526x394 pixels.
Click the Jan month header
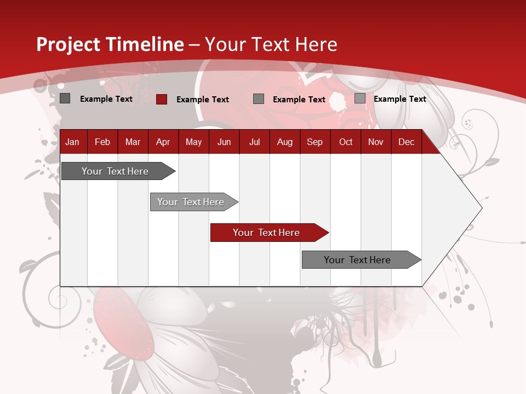72,142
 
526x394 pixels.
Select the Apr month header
163,142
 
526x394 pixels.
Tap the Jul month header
254,142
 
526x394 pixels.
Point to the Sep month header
315,142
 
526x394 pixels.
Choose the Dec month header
406,142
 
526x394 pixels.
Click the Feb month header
102,142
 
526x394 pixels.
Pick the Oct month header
346,142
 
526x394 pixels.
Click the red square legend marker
161,99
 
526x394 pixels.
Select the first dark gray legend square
65,99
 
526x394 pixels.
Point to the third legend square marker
259,99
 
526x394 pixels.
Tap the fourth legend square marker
359,99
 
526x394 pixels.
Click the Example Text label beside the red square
202,100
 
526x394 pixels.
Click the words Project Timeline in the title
110,44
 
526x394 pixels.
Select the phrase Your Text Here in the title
271,44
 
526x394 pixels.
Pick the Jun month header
224,142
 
